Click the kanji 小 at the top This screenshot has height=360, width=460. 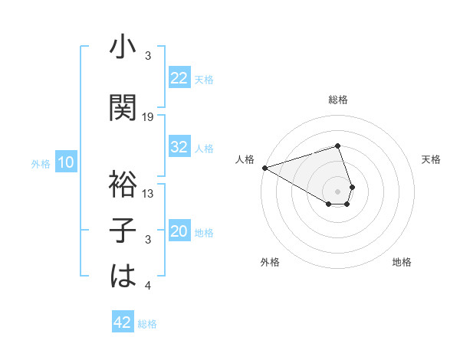[x=123, y=47]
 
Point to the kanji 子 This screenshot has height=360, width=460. [x=123, y=231]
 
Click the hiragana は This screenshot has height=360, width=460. [x=123, y=277]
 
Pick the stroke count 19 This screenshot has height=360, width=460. [x=148, y=117]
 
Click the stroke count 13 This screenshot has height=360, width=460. [x=148, y=194]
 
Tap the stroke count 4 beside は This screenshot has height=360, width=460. [x=148, y=286]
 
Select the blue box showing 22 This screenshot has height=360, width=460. [x=179, y=78]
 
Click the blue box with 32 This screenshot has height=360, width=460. [x=179, y=148]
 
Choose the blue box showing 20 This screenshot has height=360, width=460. [x=179, y=232]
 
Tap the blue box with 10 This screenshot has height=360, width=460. [x=65, y=162]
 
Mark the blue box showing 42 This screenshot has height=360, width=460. [x=123, y=322]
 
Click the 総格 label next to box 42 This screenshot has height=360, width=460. [x=147, y=324]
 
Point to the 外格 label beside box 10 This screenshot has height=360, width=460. [x=41, y=164]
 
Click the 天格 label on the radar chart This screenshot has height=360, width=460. [x=431, y=159]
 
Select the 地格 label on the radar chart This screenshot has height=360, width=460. [x=402, y=262]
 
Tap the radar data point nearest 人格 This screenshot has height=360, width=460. [x=264, y=168]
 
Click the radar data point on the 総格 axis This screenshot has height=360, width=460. [x=337, y=146]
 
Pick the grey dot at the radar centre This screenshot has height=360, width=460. [x=337, y=190]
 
